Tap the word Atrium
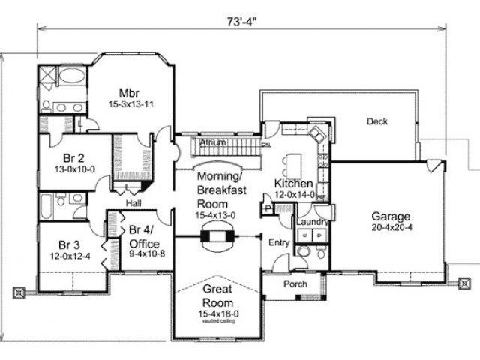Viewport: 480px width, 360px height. [x=214, y=142]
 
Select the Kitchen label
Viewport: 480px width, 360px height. [x=293, y=184]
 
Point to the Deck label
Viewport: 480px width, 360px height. [x=377, y=121]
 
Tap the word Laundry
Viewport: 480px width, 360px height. [x=309, y=222]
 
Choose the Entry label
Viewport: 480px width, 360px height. [x=279, y=242]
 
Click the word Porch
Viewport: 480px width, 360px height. [x=295, y=284]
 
